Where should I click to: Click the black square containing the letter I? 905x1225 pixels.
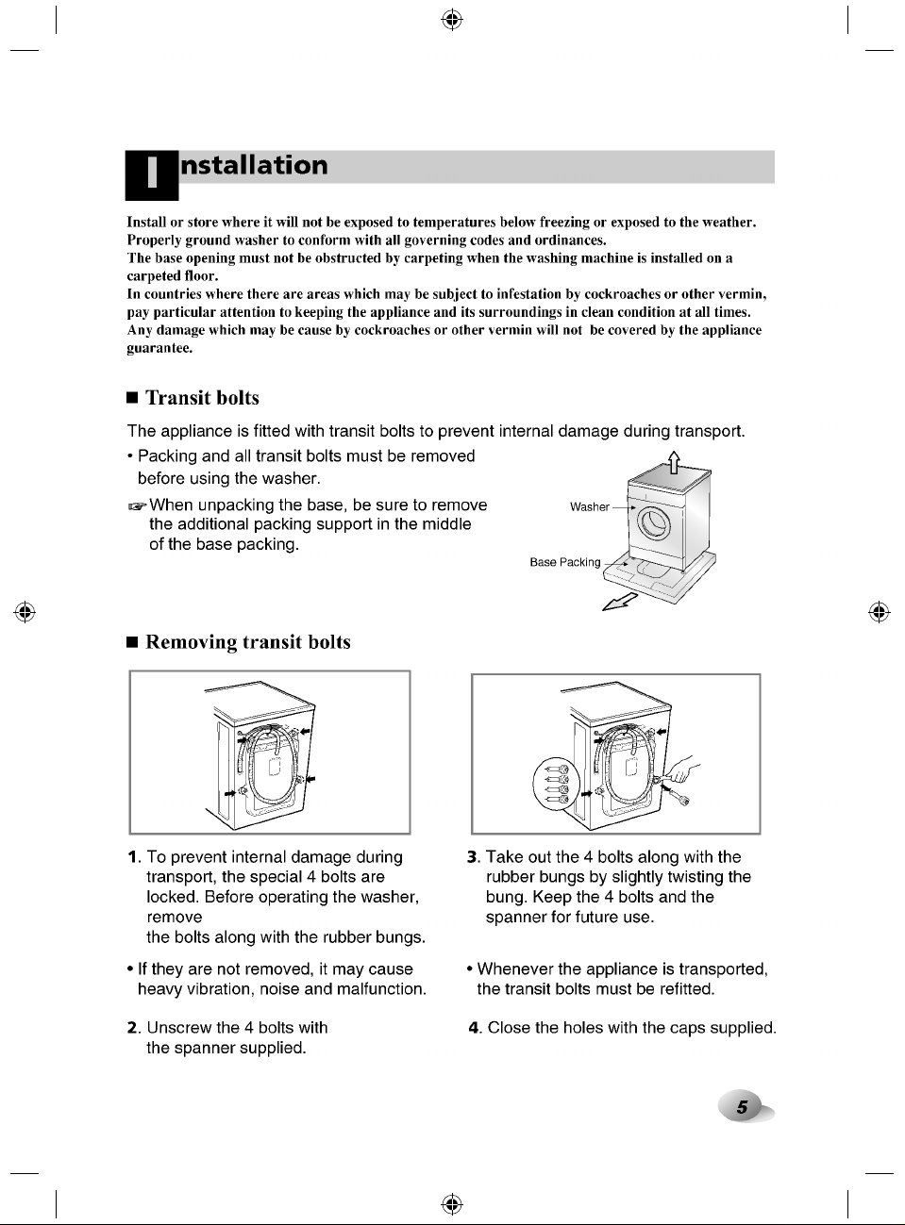click(152, 175)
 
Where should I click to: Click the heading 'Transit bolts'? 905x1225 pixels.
click(202, 398)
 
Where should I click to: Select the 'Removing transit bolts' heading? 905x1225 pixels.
click(247, 642)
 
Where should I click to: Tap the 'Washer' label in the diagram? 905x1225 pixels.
click(589, 506)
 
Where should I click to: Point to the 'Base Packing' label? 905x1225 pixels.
click(564, 562)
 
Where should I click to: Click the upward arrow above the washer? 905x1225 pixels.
click(674, 462)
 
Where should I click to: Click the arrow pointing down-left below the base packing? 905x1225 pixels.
click(619, 602)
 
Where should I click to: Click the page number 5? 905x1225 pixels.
click(742, 1107)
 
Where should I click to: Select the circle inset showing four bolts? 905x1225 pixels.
click(556, 783)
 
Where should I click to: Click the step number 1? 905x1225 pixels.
click(133, 857)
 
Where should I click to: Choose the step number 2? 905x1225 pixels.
click(133, 1028)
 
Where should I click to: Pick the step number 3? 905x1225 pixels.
click(472, 857)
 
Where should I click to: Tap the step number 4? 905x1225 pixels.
click(474, 1028)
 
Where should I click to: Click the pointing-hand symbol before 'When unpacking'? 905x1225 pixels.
click(137, 505)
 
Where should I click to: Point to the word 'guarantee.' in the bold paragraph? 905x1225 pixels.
click(159, 348)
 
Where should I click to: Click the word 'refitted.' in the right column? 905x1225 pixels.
click(687, 988)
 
